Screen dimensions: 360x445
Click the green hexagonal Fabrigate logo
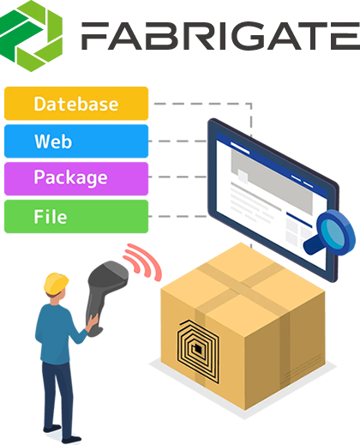(31, 36)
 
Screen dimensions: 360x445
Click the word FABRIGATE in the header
(220, 36)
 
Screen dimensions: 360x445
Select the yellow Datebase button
(76, 104)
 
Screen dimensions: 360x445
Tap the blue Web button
(76, 141)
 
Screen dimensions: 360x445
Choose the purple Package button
(76, 179)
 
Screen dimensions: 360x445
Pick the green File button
(76, 217)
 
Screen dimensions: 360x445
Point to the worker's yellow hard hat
(56, 283)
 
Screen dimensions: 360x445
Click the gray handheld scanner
(105, 294)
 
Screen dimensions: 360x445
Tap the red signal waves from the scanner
(144, 262)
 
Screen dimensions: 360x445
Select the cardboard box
(243, 326)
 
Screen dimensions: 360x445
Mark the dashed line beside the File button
(178, 216)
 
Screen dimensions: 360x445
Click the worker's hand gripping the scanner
(92, 322)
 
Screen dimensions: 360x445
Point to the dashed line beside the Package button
(178, 177)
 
